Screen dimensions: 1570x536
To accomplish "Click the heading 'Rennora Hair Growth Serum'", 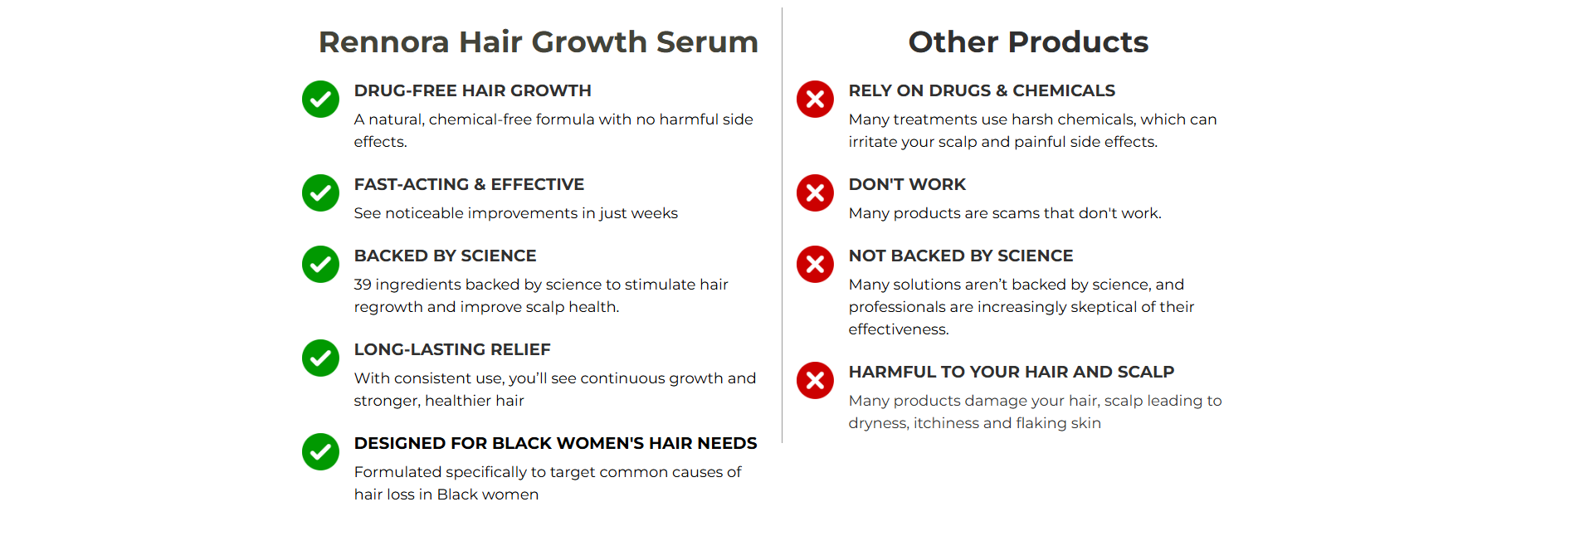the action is pyautogui.click(x=539, y=41).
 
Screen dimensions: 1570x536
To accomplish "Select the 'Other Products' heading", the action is pyautogui.click(x=1028, y=41).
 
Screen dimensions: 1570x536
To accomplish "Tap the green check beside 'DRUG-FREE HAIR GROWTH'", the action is pyautogui.click(x=320, y=100).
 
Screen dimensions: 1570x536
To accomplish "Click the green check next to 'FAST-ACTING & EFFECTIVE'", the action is pyautogui.click(x=320, y=193).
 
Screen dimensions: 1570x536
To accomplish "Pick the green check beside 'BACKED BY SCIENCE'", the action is pyautogui.click(x=320, y=265).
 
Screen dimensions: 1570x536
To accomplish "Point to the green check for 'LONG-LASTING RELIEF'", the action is pyautogui.click(x=320, y=358).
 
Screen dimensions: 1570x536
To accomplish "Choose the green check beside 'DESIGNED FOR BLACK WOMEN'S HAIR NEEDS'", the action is pyautogui.click(x=320, y=452).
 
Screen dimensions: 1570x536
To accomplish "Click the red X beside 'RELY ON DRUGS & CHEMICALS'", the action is pyautogui.click(x=815, y=100).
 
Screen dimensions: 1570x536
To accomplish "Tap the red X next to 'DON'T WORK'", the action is pyautogui.click(x=815, y=193).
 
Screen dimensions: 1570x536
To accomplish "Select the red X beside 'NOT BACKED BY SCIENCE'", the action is pyautogui.click(x=815, y=265).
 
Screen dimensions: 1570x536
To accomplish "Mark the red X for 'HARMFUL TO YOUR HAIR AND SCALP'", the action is pyautogui.click(x=815, y=381).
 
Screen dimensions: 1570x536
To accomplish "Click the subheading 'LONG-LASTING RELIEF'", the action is pyautogui.click(x=452, y=349).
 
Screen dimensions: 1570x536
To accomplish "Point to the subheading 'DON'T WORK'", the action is pyautogui.click(x=907, y=184).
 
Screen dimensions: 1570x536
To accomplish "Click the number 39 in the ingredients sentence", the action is pyautogui.click(x=363, y=285).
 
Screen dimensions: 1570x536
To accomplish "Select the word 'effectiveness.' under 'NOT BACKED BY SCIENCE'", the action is pyautogui.click(x=899, y=329).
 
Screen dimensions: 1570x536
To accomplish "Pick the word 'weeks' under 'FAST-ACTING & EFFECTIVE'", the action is pyautogui.click(x=655, y=213).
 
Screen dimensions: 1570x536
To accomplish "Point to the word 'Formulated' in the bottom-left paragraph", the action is pyautogui.click(x=397, y=472).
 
